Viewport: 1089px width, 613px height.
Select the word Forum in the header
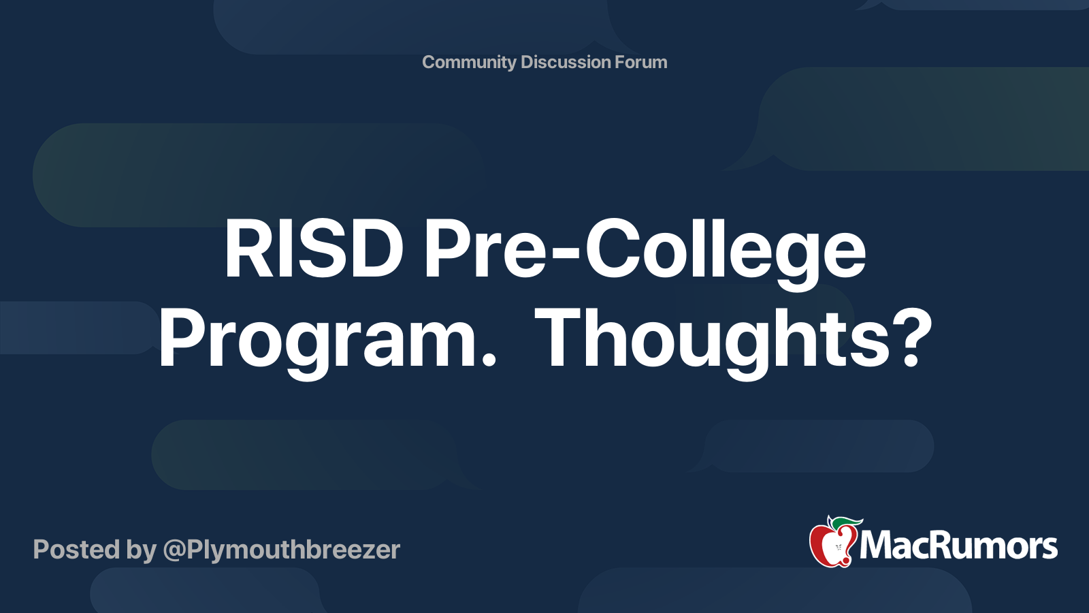pos(640,62)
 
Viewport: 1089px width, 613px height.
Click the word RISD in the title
pos(314,250)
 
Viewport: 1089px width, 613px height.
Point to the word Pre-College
pos(644,250)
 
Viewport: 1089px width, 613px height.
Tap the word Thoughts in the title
pos(713,339)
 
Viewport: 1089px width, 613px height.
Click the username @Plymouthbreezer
pos(281,550)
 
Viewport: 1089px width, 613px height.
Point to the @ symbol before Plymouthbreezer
pos(174,550)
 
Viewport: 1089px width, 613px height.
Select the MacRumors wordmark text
pos(958,546)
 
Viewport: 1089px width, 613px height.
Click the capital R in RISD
pos(246,250)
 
